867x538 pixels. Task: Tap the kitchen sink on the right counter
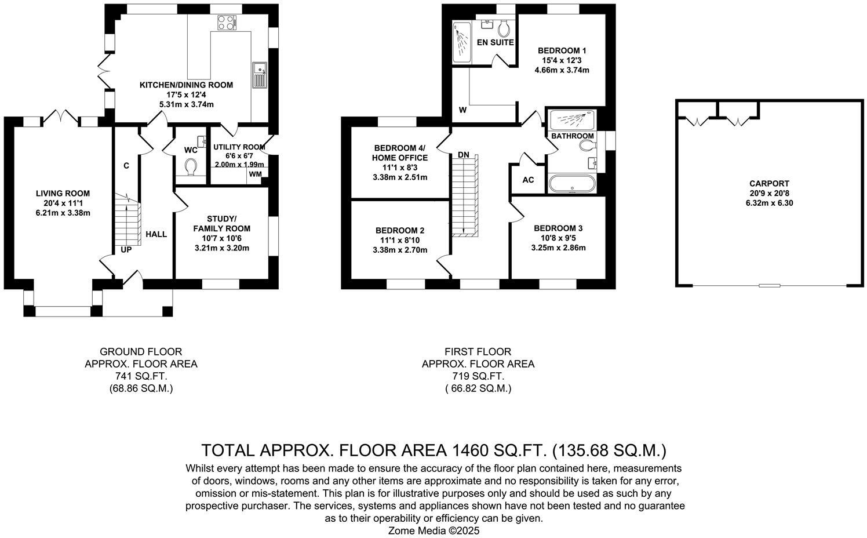(x=258, y=75)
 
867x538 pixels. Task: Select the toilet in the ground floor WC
(x=191, y=167)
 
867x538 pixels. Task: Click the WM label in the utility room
(x=255, y=174)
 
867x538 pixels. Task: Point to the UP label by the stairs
(x=126, y=250)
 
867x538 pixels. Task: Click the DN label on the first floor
(x=463, y=155)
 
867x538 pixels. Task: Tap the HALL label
(x=156, y=234)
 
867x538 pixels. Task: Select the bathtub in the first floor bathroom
(x=571, y=184)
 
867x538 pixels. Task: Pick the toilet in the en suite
(x=503, y=27)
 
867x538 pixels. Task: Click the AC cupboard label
(x=528, y=180)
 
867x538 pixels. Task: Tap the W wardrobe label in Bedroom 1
(x=462, y=110)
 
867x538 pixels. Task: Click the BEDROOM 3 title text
(x=558, y=228)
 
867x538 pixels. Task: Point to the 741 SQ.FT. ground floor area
(x=141, y=377)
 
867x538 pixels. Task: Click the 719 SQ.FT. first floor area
(x=478, y=377)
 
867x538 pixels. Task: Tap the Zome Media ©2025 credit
(x=434, y=530)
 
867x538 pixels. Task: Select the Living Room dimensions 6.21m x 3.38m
(x=63, y=213)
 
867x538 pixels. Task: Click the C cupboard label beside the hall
(x=126, y=166)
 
